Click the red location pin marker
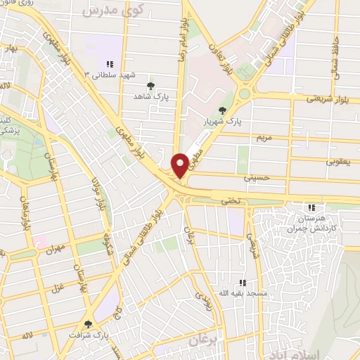pos(180,165)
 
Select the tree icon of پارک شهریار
pos(223,110)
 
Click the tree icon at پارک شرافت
pos(88,323)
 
